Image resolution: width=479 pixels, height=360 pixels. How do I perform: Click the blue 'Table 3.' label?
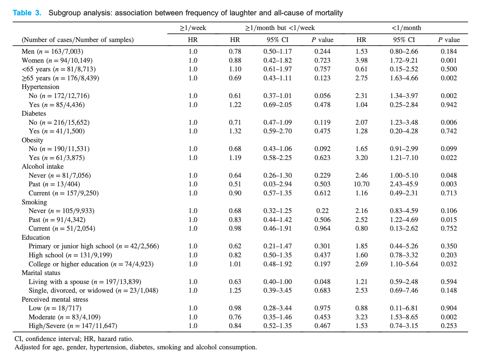click(x=27, y=13)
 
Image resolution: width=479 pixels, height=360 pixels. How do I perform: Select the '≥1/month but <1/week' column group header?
click(x=280, y=28)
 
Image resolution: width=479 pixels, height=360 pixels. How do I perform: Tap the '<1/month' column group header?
click(x=406, y=28)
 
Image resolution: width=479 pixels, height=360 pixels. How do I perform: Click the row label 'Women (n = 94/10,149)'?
click(x=57, y=60)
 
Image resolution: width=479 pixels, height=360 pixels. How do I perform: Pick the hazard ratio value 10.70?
click(x=361, y=184)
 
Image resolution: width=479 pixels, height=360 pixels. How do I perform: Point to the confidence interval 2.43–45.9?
click(x=404, y=184)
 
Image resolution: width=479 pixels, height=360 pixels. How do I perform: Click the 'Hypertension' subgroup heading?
click(x=40, y=87)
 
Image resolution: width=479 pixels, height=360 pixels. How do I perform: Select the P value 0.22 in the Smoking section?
click(x=322, y=211)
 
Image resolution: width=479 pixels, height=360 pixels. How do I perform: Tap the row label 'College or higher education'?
click(x=68, y=264)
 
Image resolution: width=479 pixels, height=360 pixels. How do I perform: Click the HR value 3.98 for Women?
click(x=361, y=60)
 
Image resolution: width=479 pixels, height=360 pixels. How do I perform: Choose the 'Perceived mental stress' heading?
click(x=55, y=299)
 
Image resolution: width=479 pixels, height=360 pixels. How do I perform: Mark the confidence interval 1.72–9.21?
click(x=404, y=60)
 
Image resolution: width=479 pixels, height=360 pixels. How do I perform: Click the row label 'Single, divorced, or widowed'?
click(x=71, y=290)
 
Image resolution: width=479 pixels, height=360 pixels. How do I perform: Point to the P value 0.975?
click(x=322, y=308)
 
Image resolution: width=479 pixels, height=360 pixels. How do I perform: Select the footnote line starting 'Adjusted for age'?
click(x=136, y=347)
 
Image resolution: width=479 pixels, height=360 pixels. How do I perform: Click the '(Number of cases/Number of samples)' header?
click(x=77, y=40)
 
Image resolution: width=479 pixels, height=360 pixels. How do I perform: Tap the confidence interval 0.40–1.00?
click(x=278, y=282)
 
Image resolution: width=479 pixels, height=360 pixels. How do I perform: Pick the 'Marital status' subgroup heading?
click(x=41, y=273)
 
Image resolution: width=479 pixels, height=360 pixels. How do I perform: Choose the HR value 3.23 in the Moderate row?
click(x=361, y=317)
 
